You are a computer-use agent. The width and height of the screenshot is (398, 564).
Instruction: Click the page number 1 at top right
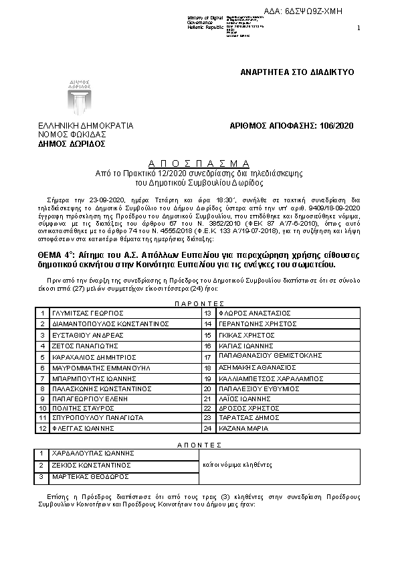359,27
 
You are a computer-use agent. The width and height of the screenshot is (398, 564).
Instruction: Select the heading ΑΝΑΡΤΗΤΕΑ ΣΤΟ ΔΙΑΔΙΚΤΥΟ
297,72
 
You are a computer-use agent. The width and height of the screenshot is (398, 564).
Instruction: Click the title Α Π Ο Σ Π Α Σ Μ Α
199,163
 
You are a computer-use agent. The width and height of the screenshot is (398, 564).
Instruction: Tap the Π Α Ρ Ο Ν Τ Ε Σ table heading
199,303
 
